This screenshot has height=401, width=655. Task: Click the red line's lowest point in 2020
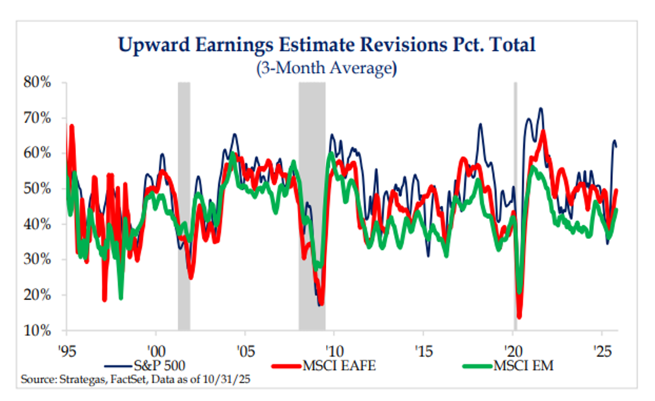pos(519,316)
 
